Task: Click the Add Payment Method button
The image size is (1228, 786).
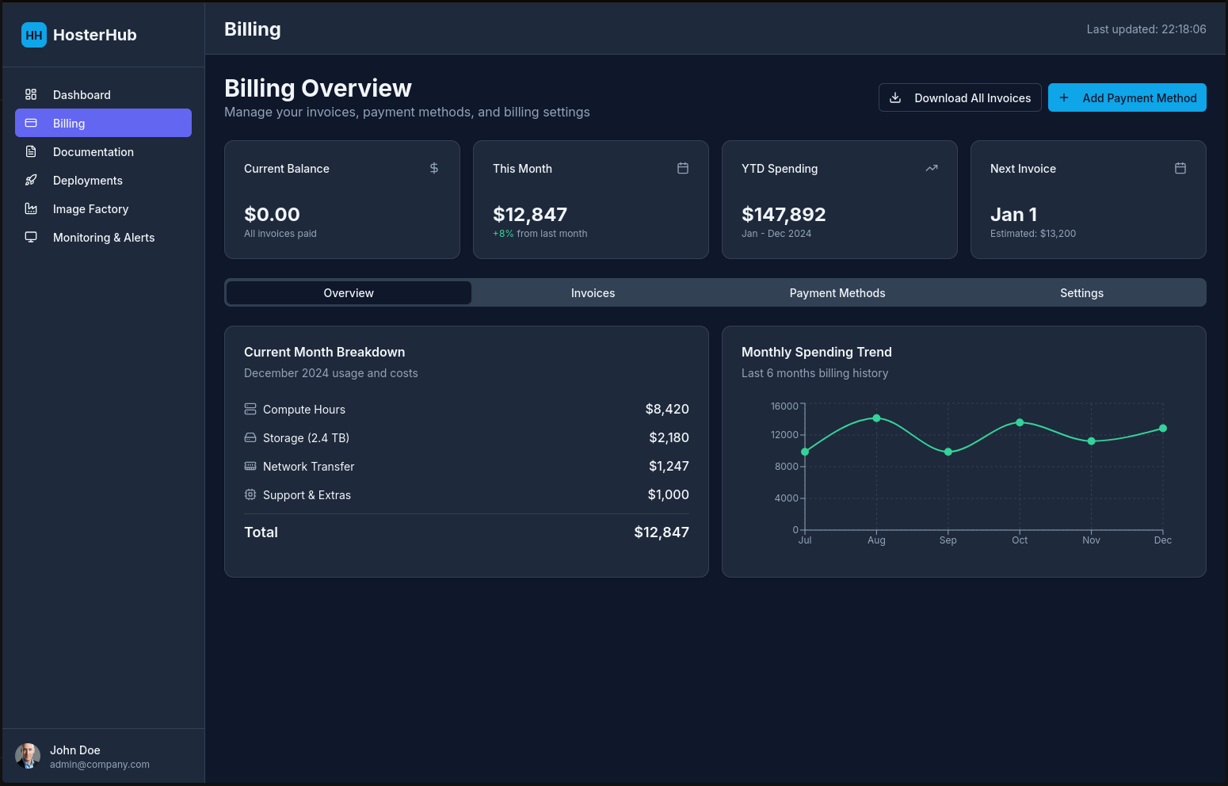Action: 1127,97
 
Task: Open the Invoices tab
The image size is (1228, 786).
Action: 593,293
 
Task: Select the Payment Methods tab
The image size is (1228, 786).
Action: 837,293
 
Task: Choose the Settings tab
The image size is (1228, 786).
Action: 1081,293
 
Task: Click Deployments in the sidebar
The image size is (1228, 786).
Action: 87,181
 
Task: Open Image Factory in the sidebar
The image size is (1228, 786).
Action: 90,209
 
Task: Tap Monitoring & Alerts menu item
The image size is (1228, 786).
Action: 103,238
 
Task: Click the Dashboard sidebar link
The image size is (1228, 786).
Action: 82,95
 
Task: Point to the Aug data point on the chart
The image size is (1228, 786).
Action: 876,418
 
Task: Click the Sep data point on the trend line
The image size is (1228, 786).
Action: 948,452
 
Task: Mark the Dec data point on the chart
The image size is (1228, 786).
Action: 1163,429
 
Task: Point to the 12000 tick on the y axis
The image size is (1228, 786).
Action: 784,435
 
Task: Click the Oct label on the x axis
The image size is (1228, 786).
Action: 1020,540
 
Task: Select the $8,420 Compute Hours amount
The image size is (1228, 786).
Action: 667,410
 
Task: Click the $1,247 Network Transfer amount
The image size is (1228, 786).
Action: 669,467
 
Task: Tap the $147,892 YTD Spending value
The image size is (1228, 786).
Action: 784,215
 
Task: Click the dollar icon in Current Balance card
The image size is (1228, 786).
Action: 434,168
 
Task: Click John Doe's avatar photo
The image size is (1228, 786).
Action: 28,756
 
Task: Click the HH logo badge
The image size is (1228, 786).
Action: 34,35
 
